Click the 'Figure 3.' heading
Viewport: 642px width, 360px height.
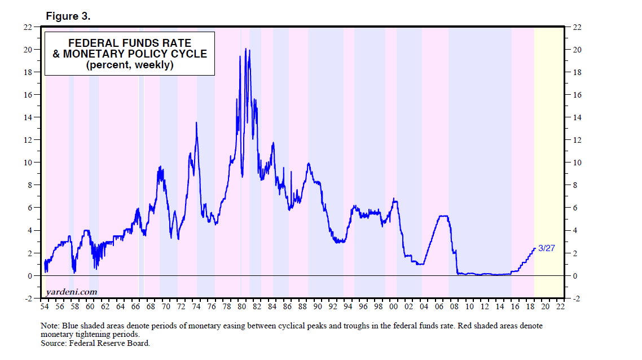click(x=68, y=16)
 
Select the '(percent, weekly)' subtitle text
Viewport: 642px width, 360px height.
click(x=129, y=65)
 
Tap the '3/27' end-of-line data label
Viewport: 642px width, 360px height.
click(x=547, y=248)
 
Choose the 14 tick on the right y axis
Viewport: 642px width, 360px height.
click(x=577, y=117)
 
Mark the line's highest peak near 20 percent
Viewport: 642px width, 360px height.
click(x=245, y=49)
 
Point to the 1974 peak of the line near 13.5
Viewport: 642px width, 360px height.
click(x=196, y=122)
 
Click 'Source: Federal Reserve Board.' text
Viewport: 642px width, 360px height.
click(x=95, y=343)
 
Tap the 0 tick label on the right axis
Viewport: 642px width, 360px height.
click(x=574, y=276)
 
